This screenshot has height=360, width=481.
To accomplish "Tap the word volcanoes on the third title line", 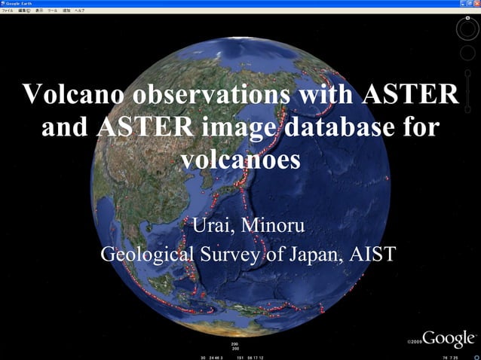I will pyautogui.click(x=240, y=159).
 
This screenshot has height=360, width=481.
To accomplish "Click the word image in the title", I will pyautogui.click(x=237, y=129).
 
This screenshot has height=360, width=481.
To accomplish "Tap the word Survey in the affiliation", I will pyautogui.click(x=228, y=255).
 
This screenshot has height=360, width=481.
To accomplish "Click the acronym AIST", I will pyautogui.click(x=372, y=255).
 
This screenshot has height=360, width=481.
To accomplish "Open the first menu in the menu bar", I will pyautogui.click(x=8, y=11).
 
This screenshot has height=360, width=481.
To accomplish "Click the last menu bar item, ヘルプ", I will pyautogui.click(x=79, y=11).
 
